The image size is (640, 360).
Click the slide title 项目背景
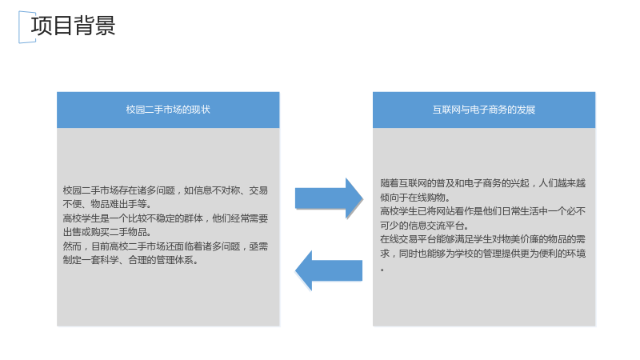pyautogui.click(x=73, y=26)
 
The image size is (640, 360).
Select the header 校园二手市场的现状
pyautogui.click(x=168, y=110)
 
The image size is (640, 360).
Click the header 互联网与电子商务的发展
pyautogui.click(x=484, y=110)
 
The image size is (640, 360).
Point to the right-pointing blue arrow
pyautogui.click(x=329, y=198)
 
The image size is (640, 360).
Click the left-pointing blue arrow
pyautogui.click(x=329, y=270)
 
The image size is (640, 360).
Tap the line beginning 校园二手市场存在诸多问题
pyautogui.click(x=166, y=190)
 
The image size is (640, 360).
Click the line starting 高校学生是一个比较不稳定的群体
pyautogui.click(x=166, y=218)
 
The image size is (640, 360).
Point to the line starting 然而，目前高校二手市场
pyautogui.click(x=166, y=246)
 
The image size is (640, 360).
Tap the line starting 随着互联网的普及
pyautogui.click(x=483, y=183)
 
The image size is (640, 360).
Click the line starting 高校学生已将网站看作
pyautogui.click(x=483, y=211)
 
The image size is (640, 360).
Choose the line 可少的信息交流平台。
pyautogui.click(x=425, y=226)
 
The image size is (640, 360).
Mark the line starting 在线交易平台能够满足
pyautogui.click(x=483, y=239)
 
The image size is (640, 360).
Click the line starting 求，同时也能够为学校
pyautogui.click(x=483, y=254)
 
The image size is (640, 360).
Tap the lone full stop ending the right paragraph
pyautogui.click(x=382, y=270)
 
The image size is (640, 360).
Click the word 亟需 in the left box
pyautogui.click(x=258, y=246)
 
